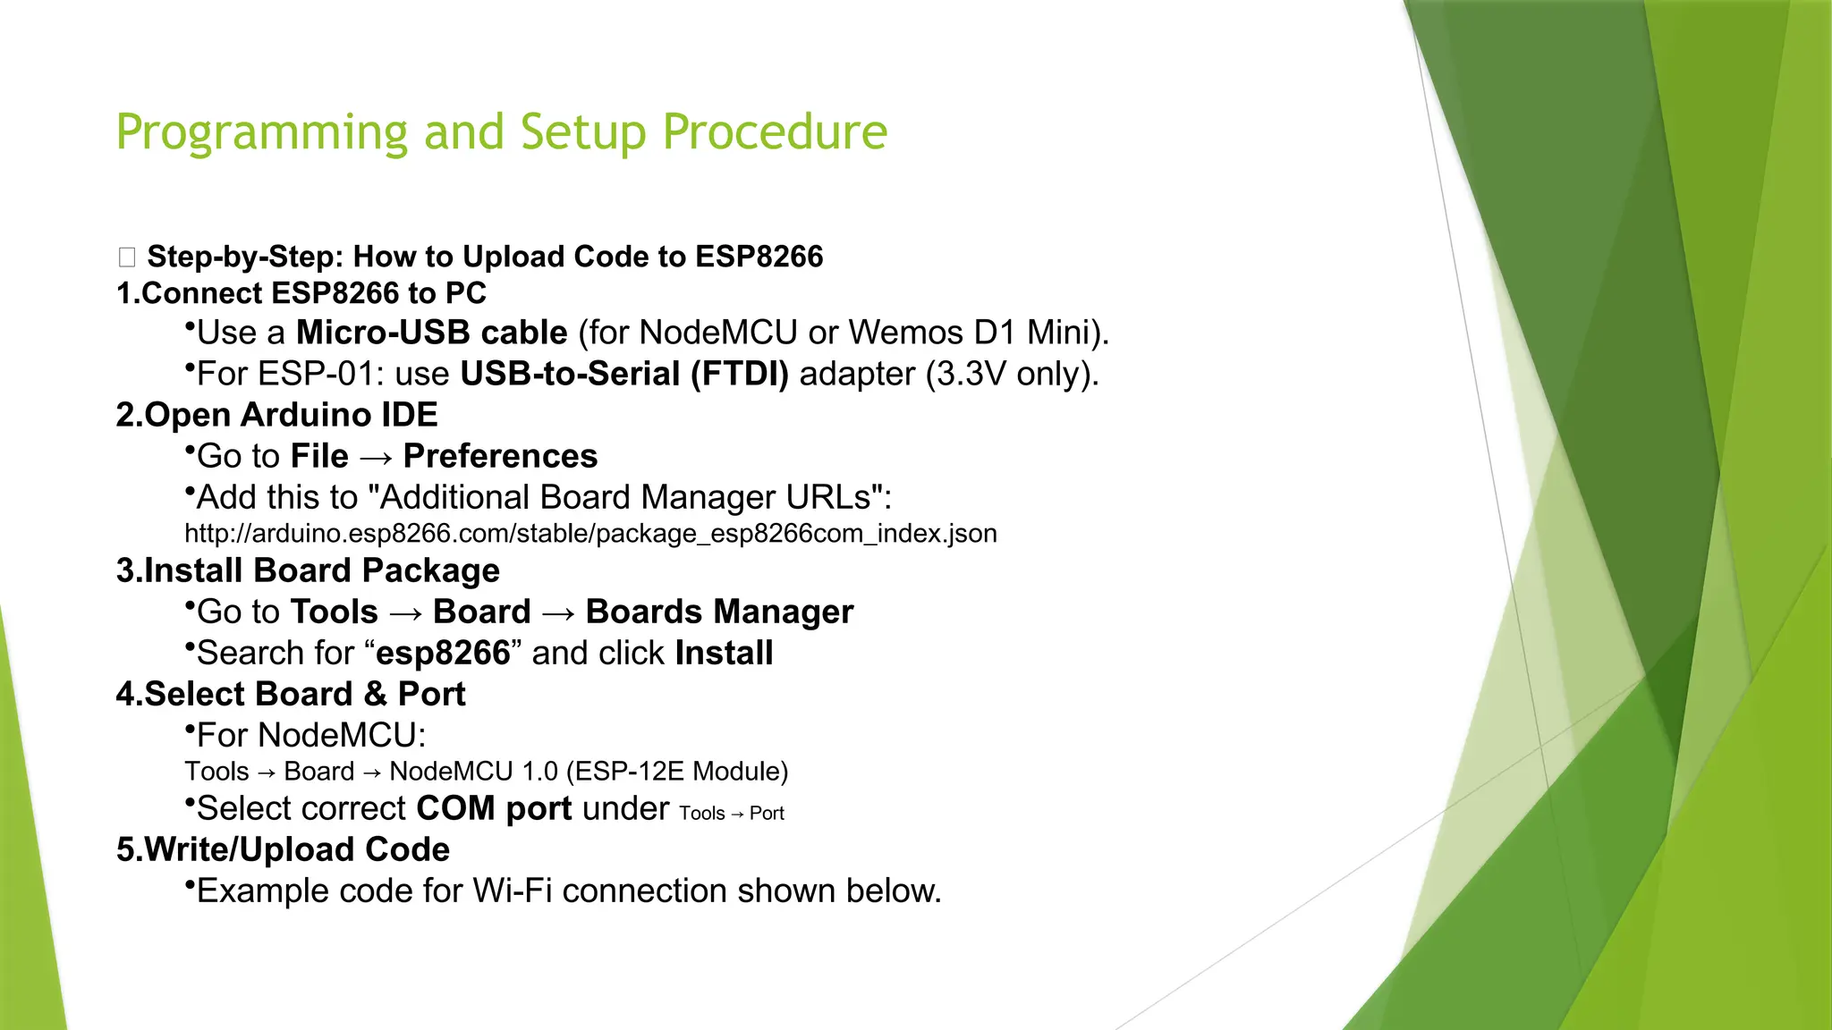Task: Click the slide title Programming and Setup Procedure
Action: [x=501, y=132]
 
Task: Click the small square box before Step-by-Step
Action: [x=127, y=257]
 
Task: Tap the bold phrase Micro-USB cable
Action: [x=431, y=333]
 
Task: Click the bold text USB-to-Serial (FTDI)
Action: [x=623, y=374]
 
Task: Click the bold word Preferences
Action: [x=500, y=456]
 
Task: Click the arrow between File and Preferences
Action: [x=376, y=458]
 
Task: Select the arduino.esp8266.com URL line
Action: [x=590, y=534]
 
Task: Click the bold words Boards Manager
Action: [x=719, y=612]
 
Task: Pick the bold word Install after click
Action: [x=724, y=653]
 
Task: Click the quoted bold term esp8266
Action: [x=443, y=654]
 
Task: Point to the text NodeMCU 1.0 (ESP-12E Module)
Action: [x=589, y=772]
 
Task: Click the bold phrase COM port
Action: [x=494, y=808]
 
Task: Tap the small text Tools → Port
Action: [x=731, y=814]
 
